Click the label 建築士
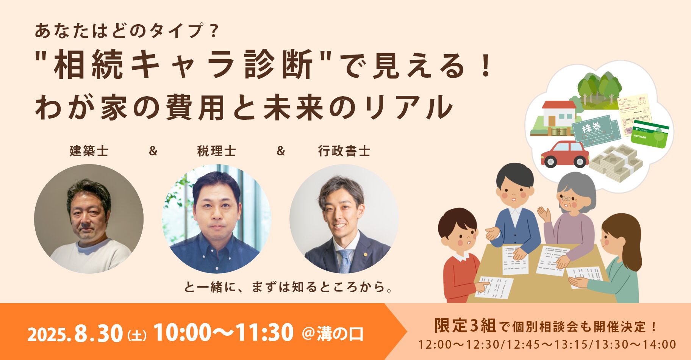89,151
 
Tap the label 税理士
217,151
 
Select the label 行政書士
344,151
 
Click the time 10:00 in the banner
183,332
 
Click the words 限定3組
465,326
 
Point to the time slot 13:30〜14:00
635,344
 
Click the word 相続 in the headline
88,65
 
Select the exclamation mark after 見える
485,65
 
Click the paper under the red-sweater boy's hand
494,287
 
